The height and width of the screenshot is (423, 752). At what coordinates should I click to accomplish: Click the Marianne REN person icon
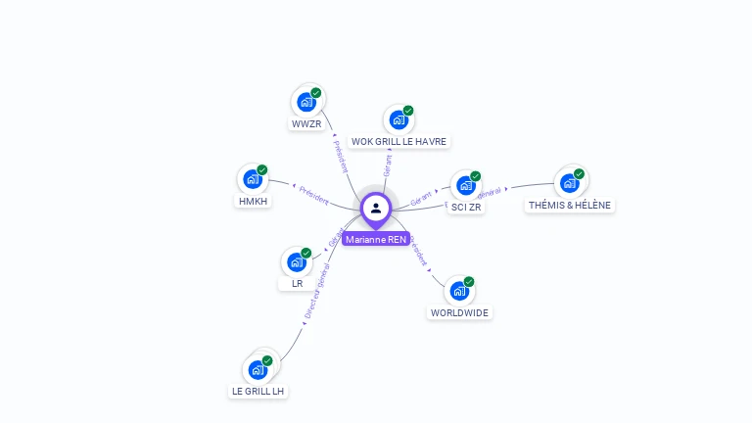click(376, 208)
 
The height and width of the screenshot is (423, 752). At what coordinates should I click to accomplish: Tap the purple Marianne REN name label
click(376, 239)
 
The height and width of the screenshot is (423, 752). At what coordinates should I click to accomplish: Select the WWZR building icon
click(306, 102)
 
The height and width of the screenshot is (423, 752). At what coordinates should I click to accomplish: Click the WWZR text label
click(305, 124)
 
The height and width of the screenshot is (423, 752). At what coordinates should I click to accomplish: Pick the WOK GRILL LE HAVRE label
click(399, 142)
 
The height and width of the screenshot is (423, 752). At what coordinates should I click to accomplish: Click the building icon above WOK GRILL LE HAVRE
click(399, 119)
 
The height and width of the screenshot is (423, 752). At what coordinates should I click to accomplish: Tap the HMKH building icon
click(252, 179)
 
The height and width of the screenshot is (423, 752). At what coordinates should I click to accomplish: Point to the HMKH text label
click(253, 202)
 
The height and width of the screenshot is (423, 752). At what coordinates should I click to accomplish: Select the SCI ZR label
click(466, 207)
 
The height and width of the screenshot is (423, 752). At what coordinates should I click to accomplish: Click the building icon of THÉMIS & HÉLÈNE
click(570, 182)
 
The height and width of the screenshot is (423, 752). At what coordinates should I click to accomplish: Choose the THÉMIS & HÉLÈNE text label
click(570, 206)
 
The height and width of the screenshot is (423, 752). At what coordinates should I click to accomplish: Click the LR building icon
click(296, 261)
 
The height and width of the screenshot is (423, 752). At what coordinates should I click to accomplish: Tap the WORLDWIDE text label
click(460, 313)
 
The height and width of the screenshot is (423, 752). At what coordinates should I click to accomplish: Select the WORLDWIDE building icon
click(459, 291)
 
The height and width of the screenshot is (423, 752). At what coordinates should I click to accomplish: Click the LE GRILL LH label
click(258, 391)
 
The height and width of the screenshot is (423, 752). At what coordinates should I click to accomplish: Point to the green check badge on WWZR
click(316, 93)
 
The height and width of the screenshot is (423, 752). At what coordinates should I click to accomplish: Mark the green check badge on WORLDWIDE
click(469, 282)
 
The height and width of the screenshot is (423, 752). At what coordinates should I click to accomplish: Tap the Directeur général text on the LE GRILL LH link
click(317, 292)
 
